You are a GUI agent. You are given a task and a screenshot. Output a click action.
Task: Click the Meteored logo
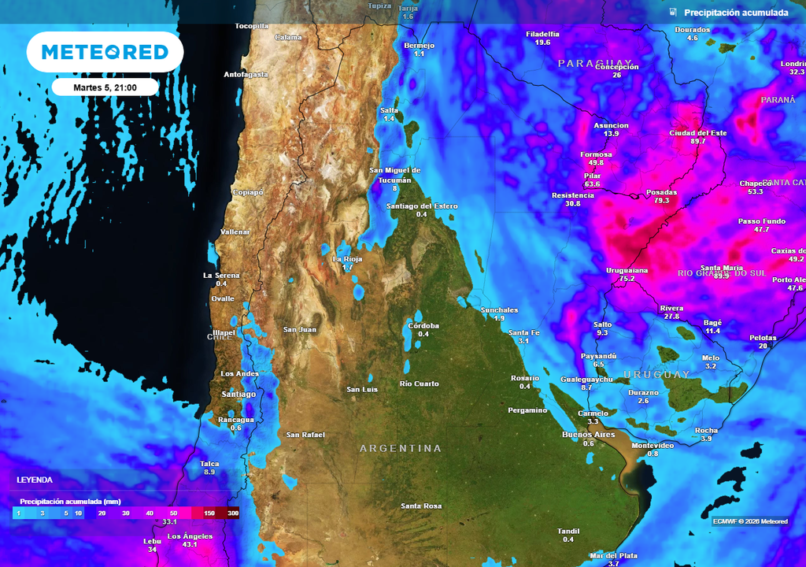[x=105, y=52]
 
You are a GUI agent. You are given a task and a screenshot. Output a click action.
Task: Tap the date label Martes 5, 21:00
[x=105, y=87]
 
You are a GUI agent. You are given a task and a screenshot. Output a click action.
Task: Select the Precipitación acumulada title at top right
[x=735, y=13]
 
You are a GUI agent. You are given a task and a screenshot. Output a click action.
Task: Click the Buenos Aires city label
[x=588, y=435]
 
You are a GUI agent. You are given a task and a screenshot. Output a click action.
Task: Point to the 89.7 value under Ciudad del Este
[x=697, y=141]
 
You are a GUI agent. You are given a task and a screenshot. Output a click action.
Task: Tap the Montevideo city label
[x=652, y=446]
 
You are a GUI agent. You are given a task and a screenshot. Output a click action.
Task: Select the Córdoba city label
[x=423, y=325]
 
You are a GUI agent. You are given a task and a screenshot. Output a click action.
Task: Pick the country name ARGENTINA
[x=401, y=448]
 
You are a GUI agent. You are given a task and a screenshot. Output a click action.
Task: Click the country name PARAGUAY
[x=594, y=62]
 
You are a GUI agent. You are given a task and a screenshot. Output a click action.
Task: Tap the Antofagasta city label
[x=246, y=75]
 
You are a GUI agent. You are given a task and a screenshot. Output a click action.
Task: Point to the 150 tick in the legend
[x=209, y=513]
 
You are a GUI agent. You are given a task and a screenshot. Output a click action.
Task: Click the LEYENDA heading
[x=35, y=480]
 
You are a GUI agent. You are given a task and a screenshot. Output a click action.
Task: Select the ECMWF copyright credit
[x=749, y=521]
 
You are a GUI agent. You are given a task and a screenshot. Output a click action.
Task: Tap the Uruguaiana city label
[x=627, y=270]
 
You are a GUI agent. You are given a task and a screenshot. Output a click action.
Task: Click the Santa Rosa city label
[x=421, y=506]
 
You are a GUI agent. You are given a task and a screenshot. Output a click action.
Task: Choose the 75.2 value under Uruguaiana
[x=627, y=279]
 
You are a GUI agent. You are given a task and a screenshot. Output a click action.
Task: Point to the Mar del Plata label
[x=614, y=555]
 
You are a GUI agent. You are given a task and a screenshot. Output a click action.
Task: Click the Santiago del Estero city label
[x=421, y=206]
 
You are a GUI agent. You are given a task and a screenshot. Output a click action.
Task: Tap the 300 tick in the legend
[x=232, y=513]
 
